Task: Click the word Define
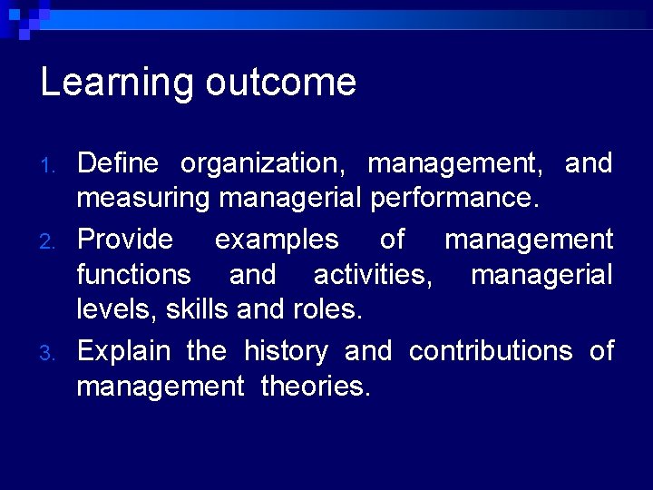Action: click(118, 164)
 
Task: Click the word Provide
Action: click(125, 240)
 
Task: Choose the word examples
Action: click(277, 240)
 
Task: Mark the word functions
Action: click(134, 274)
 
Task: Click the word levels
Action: click(118, 310)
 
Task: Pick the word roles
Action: click(327, 310)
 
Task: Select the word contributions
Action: click(491, 351)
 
